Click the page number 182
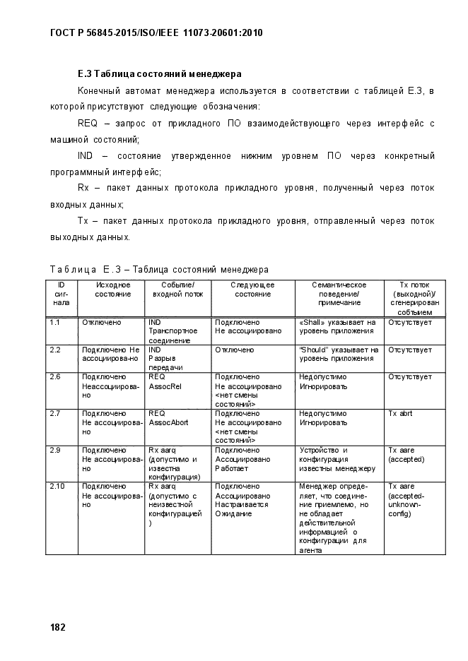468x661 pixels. (57, 627)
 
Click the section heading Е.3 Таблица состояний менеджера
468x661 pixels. (160, 73)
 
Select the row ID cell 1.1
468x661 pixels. (54, 323)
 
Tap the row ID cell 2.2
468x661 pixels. (55, 350)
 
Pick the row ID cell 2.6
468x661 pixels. (55, 377)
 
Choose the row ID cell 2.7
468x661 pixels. (55, 413)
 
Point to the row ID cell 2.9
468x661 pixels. (55, 450)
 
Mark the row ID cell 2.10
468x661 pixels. (57, 487)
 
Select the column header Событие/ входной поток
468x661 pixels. (178, 289)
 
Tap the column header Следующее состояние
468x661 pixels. (253, 289)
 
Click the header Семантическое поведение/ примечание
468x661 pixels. (339, 293)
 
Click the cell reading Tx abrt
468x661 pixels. (400, 413)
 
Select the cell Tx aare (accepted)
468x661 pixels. (406, 454)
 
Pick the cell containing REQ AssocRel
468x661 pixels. (165, 381)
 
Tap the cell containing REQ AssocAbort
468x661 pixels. (169, 418)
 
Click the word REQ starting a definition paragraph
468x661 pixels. (86, 124)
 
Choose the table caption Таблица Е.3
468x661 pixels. (158, 269)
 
